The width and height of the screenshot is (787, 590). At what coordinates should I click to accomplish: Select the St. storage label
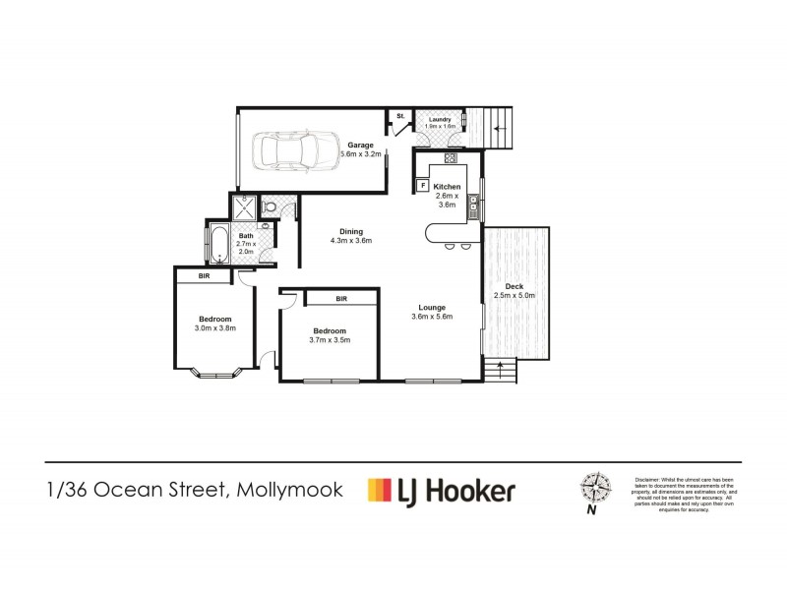click(400, 117)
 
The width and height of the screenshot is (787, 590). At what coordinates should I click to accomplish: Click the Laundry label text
click(440, 119)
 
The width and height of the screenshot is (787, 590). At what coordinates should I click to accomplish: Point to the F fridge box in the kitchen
click(422, 185)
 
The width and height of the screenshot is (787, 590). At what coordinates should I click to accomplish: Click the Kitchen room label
click(447, 186)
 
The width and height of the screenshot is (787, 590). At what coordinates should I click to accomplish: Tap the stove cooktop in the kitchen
click(451, 158)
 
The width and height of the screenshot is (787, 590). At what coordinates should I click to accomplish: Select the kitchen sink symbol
click(473, 205)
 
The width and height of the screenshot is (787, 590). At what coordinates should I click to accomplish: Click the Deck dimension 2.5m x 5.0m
click(513, 294)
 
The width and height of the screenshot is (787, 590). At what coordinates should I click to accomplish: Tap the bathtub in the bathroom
click(219, 242)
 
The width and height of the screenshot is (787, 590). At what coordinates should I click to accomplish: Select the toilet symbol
click(269, 207)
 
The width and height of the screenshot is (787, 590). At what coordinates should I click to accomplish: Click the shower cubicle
click(243, 207)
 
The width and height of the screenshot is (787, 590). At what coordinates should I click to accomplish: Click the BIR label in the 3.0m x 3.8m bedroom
click(204, 277)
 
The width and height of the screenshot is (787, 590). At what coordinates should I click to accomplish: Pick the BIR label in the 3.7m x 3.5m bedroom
click(341, 298)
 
